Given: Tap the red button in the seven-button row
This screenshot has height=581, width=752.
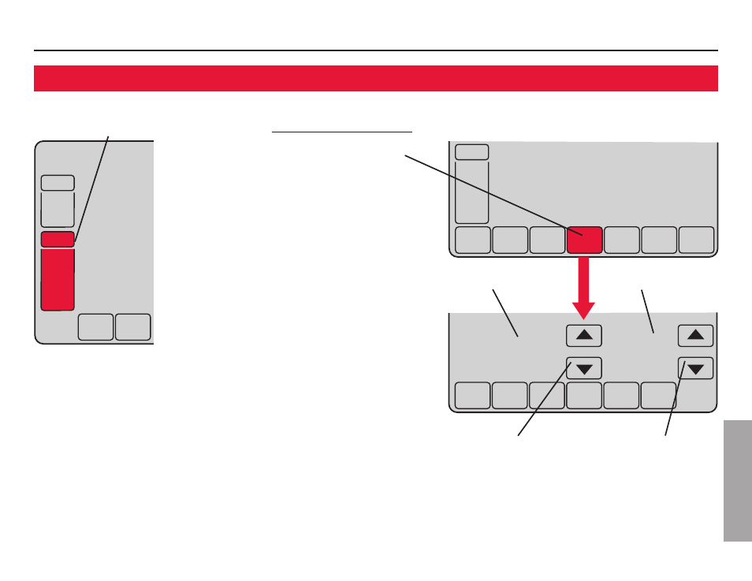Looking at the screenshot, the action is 585,240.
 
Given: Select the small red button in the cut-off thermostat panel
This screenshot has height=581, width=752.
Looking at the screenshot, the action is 58,240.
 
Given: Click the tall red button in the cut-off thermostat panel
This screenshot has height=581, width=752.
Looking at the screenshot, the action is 58,280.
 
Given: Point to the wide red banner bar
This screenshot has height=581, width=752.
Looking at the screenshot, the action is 376,79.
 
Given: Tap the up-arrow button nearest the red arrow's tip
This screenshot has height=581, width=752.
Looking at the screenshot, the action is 584,335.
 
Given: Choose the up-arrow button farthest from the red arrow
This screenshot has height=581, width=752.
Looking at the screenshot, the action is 695,335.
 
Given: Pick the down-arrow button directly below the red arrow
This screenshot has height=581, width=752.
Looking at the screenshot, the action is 584,368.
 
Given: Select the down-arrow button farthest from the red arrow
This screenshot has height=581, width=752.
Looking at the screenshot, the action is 695,368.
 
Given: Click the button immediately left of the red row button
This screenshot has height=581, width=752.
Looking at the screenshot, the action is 547,240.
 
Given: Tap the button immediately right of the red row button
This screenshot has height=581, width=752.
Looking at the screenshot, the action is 622,240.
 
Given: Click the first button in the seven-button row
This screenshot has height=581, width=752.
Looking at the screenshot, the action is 472,240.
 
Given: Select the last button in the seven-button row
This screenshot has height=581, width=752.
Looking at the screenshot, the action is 697,240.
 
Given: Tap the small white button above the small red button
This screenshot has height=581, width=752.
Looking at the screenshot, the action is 58,183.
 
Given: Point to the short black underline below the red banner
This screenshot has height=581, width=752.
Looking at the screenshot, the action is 342,132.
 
